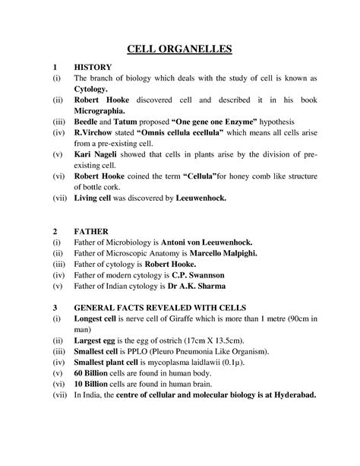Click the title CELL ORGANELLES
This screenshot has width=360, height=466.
[x=179, y=50]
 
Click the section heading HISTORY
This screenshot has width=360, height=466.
[x=93, y=67]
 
